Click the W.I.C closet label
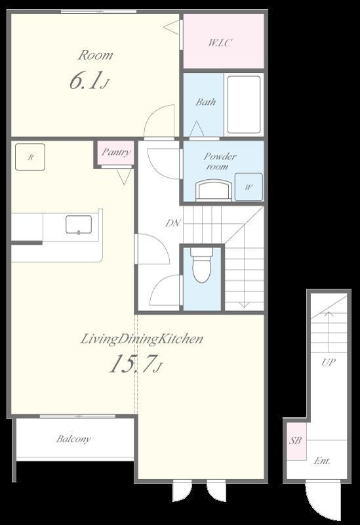pos(220,43)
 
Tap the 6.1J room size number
pos(89,81)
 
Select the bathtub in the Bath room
pos(244,104)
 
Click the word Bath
pos(205,102)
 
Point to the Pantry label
pos(116,152)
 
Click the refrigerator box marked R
pos(30,157)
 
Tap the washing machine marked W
pos(249,187)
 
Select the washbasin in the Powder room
pos(214,190)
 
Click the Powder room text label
pos(220,161)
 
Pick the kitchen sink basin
pos(79,224)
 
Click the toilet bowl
pos(202,265)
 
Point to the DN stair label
pos(173,223)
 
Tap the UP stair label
pos(329,362)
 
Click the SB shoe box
pos(296,441)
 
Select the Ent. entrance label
pos(322,461)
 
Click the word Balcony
pos(73,439)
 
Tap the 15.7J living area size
pos(136,364)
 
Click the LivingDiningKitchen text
pos(142,339)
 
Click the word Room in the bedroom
pos(95,55)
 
